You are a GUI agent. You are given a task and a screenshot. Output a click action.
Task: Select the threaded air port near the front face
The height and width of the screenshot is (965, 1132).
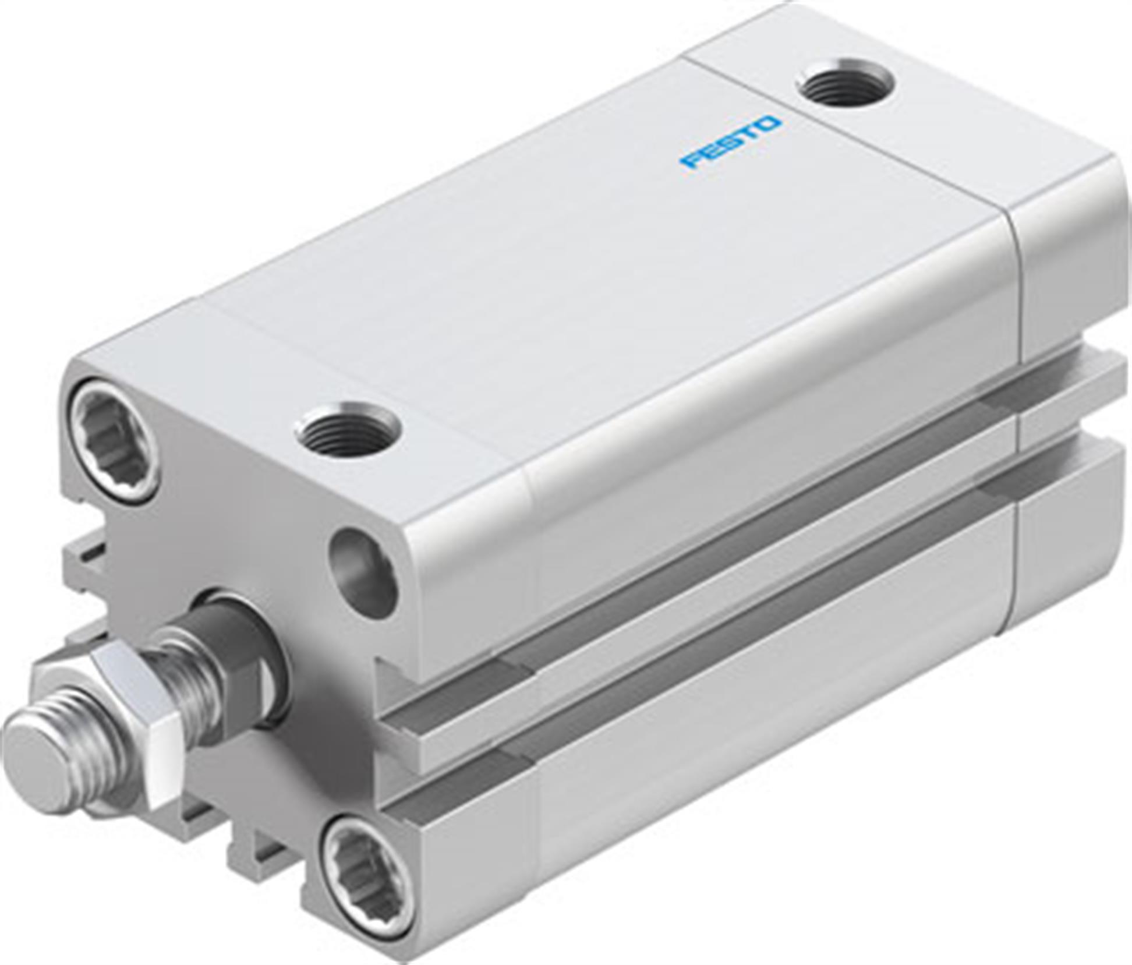349,431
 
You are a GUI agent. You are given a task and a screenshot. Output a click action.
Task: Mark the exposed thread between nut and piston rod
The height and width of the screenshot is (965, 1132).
186,681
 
